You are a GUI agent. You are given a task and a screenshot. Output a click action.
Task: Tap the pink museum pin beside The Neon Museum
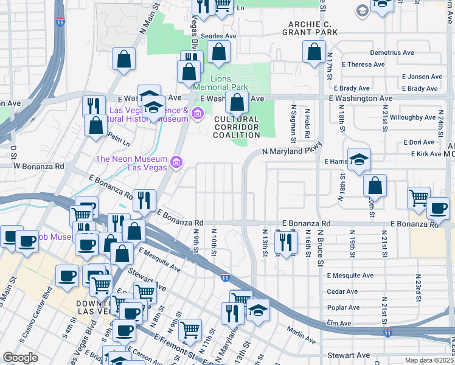click(176, 162)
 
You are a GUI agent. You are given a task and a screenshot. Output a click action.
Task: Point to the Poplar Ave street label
click(343, 307)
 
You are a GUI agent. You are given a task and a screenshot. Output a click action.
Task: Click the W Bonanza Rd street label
click(39, 165)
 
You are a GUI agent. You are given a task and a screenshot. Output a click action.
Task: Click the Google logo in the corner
click(20, 358)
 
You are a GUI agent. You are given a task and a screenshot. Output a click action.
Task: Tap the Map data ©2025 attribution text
click(429, 360)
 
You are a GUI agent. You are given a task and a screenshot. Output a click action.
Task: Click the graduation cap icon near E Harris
click(359, 159)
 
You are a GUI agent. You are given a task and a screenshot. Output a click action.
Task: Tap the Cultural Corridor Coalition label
click(237, 127)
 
